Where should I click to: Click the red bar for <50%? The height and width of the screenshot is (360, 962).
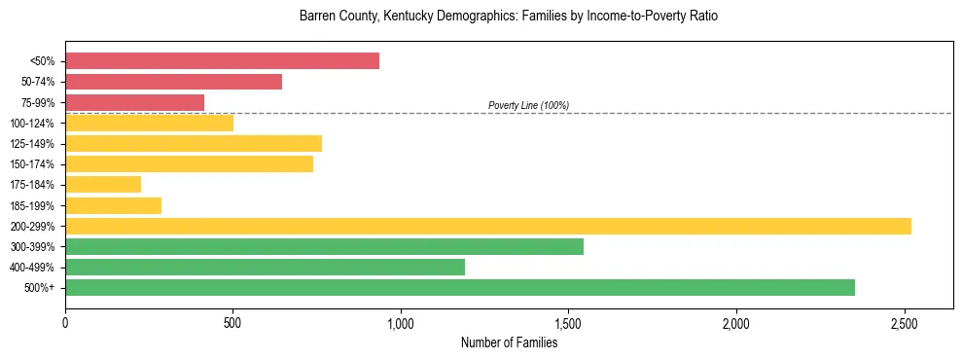[x=222, y=61]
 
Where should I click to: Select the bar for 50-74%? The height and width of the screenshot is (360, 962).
[x=173, y=82]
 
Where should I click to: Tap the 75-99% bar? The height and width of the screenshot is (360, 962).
[x=134, y=102]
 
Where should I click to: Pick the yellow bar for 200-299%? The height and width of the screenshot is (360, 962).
[x=487, y=226]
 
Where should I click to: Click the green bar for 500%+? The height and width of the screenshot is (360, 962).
[x=459, y=287]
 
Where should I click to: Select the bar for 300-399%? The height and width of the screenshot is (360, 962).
[x=324, y=246]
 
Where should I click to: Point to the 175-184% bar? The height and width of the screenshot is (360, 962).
[x=103, y=184]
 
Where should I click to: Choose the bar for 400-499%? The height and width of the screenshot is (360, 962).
[x=265, y=267]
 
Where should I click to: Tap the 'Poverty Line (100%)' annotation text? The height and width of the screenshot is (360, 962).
[x=528, y=105]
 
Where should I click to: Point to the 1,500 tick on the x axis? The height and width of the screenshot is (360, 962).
[x=568, y=321]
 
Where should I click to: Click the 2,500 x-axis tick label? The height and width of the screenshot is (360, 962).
[x=904, y=321]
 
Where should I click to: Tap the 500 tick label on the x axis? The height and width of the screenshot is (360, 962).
[x=232, y=321]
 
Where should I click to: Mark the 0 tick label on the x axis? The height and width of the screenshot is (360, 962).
[x=65, y=321]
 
